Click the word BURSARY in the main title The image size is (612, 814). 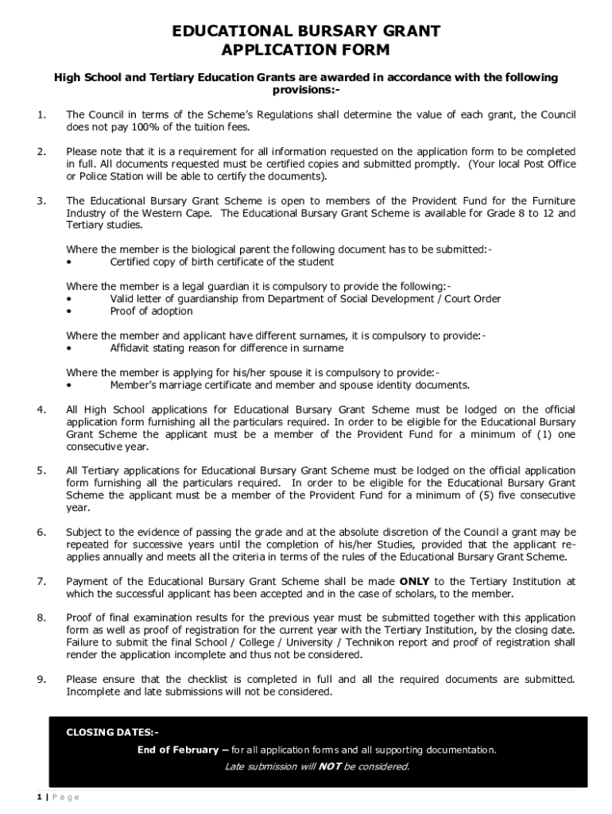point(339,32)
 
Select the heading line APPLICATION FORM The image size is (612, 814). point(306,51)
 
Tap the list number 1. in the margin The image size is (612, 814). point(41,115)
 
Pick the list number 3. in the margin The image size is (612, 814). point(41,201)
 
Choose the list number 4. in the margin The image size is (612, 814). point(41,410)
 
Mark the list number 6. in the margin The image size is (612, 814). point(41,533)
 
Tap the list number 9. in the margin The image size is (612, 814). point(41,680)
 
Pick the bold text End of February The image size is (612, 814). point(177,750)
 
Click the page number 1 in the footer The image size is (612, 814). point(38,797)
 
